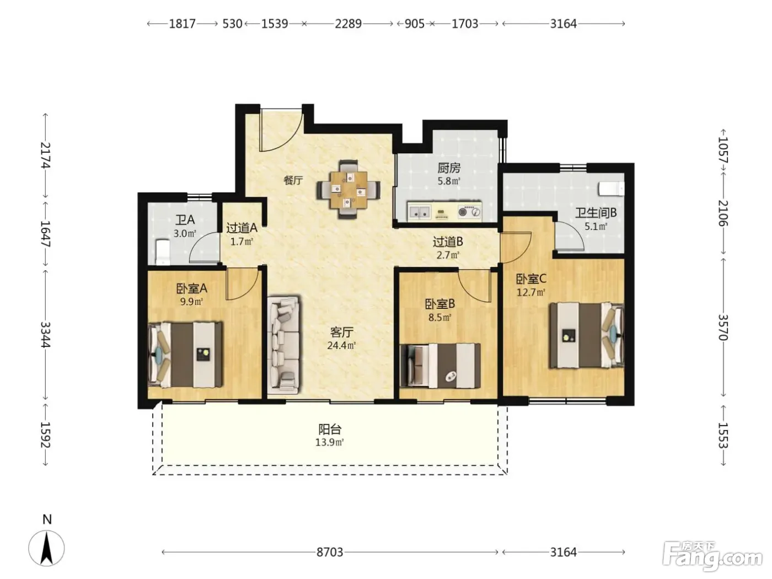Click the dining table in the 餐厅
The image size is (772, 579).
pyautogui.click(x=348, y=190)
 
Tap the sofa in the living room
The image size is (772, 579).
pyautogui.click(x=283, y=345)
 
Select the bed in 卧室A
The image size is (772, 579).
pyautogui.click(x=185, y=355)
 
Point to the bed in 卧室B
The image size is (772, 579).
pyautogui.click(x=441, y=366)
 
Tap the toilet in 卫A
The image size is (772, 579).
pyautogui.click(x=163, y=252)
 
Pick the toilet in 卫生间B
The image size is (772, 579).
pyautogui.click(x=612, y=189)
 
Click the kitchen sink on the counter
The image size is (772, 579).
pyautogui.click(x=420, y=212)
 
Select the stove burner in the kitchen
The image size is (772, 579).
pyautogui.click(x=469, y=212)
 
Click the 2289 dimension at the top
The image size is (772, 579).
pyautogui.click(x=348, y=24)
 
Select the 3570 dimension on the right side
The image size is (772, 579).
pyautogui.click(x=723, y=328)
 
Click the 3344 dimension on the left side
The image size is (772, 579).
pyautogui.click(x=45, y=335)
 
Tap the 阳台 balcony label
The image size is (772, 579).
pyautogui.click(x=330, y=430)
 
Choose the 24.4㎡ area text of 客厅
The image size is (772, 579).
pyautogui.click(x=341, y=346)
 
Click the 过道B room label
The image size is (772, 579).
pyautogui.click(x=448, y=242)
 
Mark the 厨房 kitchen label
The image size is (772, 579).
pyautogui.click(x=449, y=168)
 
